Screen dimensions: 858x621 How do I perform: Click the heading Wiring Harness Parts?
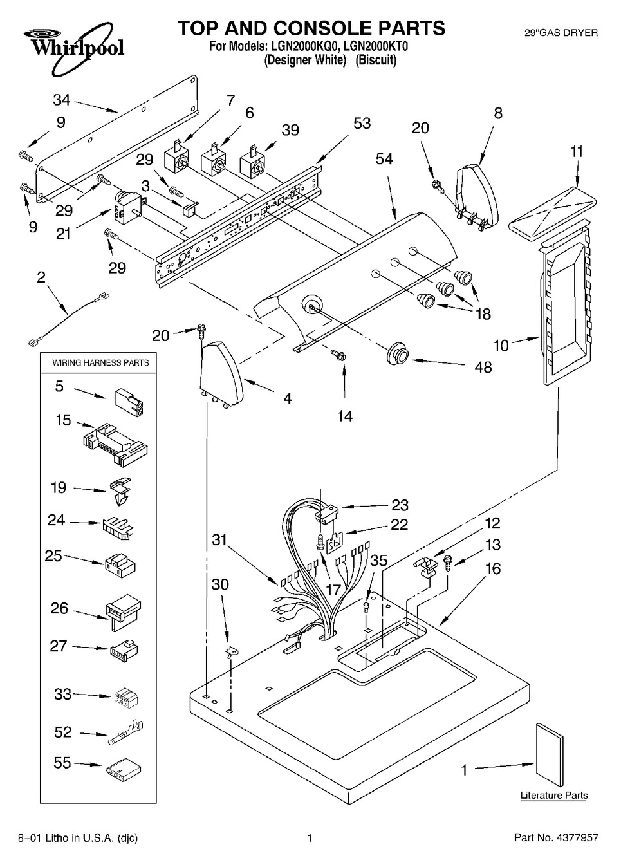coord(100,363)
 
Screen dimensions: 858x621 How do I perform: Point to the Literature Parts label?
coord(554,796)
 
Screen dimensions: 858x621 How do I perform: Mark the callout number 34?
coord(62,100)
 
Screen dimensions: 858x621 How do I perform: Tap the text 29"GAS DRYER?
coord(561,32)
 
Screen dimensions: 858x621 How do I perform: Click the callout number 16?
coord(493,569)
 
